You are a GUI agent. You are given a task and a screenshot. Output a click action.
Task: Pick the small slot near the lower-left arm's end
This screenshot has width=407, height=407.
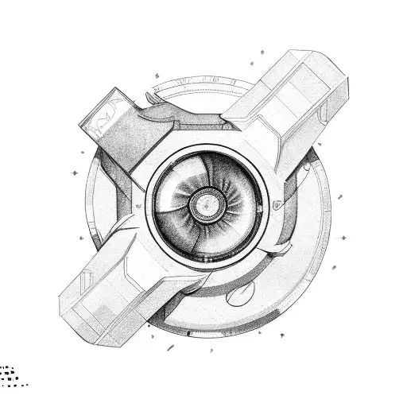(87, 279)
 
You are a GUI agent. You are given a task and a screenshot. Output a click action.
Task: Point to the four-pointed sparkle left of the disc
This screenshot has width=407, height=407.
(75, 170)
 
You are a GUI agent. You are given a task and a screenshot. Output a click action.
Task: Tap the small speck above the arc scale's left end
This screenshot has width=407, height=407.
(157, 77)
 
